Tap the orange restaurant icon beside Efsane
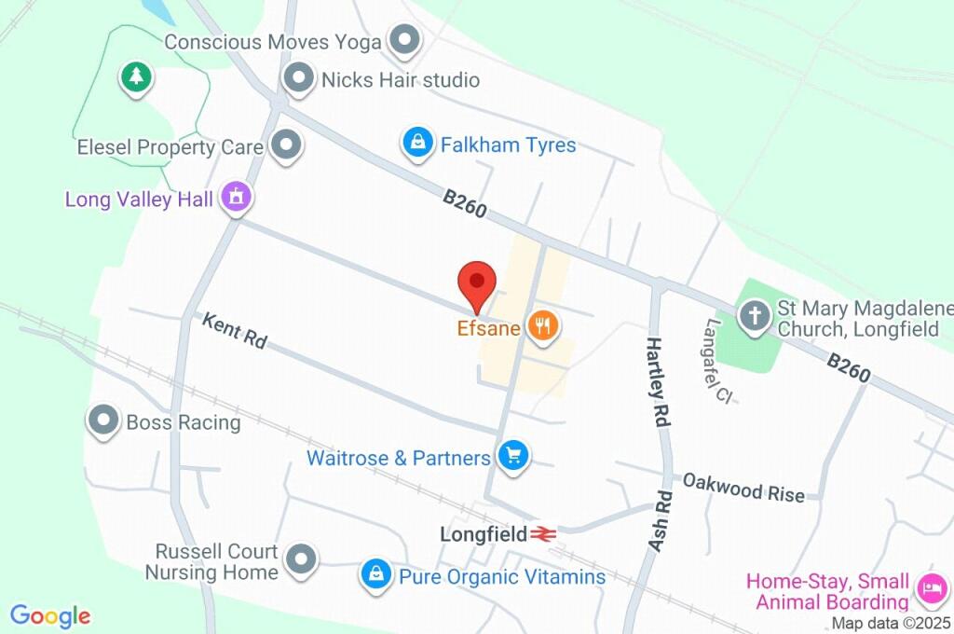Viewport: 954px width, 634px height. tap(542, 325)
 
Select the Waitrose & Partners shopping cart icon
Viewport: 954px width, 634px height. tap(511, 456)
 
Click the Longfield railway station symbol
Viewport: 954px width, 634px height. tap(544, 534)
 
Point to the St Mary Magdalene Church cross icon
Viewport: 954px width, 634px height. tap(754, 314)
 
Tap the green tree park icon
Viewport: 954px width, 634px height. tap(137, 76)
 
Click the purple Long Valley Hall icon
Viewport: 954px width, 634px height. tap(237, 197)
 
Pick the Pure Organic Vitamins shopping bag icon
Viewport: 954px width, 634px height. tap(376, 574)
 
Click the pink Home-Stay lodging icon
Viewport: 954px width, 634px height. tap(932, 588)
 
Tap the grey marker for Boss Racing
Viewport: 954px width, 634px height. tap(103, 421)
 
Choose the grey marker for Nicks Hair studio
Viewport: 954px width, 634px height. tap(300, 79)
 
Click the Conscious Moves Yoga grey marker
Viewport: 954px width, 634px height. tap(405, 40)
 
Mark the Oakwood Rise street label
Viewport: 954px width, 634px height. tap(743, 487)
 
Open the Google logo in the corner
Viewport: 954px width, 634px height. tap(50, 616)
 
